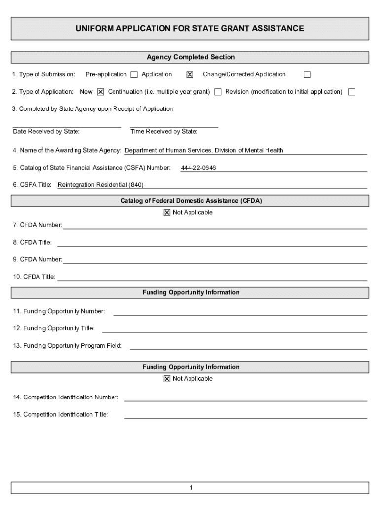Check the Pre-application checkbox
pos(134,75)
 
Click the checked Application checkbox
pos(190,75)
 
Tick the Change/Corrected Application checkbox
pos(307,75)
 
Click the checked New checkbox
pos(101,92)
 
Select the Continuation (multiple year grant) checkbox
pos(218,92)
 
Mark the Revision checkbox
pos(352,92)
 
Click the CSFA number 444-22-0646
pos(198,168)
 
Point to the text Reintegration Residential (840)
pos(100,185)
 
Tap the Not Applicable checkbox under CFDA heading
pos(167,213)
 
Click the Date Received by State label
pos(46,132)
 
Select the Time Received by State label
pos(164,132)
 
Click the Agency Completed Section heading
pos(190,58)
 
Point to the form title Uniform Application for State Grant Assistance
pos(190,29)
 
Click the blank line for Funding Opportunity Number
pos(240,312)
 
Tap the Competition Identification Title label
pos(61,415)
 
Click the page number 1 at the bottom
pos(190,488)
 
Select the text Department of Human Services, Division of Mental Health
pos(204,151)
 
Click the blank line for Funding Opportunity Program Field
pos(248,346)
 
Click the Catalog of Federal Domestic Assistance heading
pos(191,201)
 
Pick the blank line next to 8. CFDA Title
pos(212,243)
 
